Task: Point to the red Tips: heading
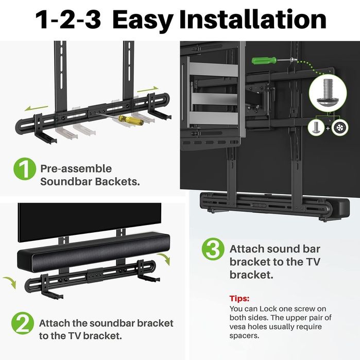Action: coord(239,298)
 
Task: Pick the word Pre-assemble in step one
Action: coord(76,168)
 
